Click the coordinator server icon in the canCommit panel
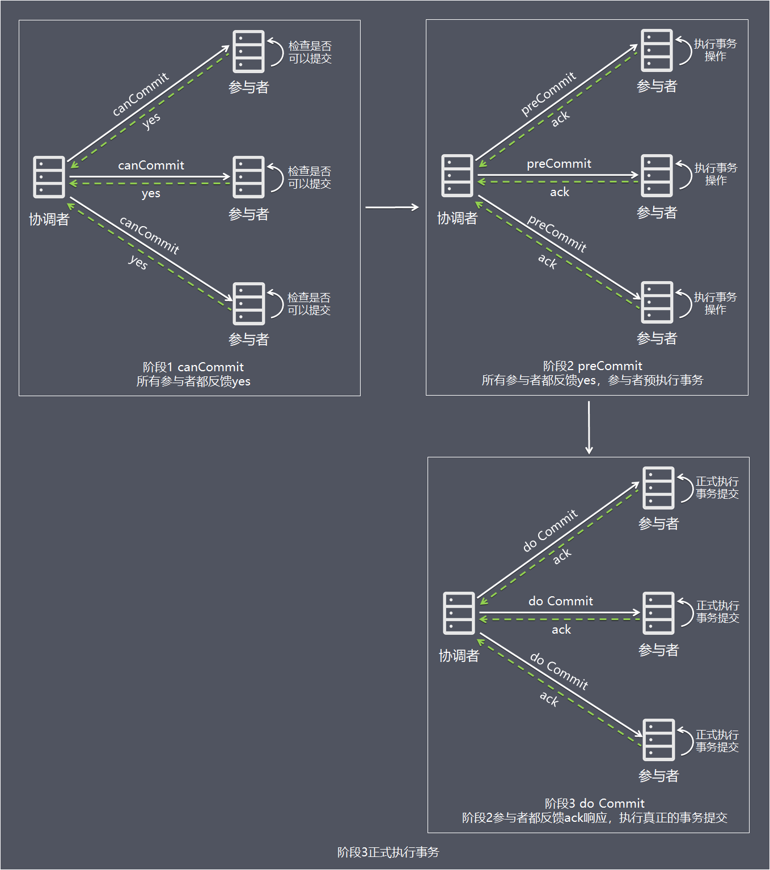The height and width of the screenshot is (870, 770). (49, 177)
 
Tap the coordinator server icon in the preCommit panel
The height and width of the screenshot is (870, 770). (457, 175)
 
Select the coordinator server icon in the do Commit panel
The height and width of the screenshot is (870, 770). (459, 613)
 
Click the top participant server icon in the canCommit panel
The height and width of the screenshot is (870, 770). (248, 52)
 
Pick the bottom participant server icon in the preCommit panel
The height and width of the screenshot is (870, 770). (657, 302)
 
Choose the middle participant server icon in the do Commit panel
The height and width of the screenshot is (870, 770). (658, 613)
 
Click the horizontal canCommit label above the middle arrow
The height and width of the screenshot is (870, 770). (151, 165)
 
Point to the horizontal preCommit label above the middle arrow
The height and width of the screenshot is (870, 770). (559, 163)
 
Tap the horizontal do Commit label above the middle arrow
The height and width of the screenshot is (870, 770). (560, 601)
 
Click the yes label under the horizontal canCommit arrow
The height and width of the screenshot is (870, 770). (151, 193)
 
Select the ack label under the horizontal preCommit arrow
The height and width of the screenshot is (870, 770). (559, 192)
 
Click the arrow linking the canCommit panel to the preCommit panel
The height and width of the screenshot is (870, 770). (392, 207)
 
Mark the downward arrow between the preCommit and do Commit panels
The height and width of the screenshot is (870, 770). (589, 427)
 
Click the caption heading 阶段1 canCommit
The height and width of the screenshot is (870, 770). (193, 367)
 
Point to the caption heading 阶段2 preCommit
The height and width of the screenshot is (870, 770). (593, 366)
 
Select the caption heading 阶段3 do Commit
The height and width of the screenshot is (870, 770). (594, 803)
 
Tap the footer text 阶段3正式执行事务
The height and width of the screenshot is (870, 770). (388, 852)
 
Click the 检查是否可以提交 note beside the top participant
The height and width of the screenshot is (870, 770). (310, 52)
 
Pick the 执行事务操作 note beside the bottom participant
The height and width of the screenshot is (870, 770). (715, 303)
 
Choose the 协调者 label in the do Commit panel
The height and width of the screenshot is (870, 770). (459, 656)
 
